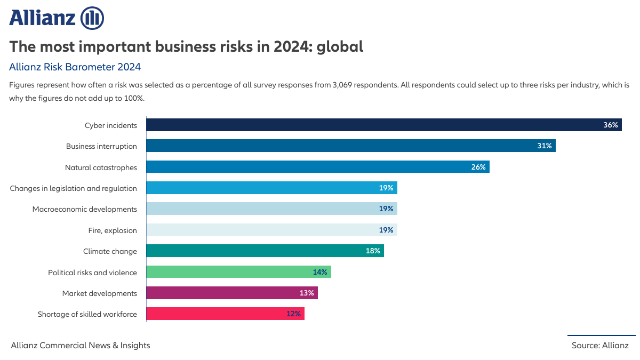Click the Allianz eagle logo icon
pyautogui.click(x=92, y=18)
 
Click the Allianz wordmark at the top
pyautogui.click(x=43, y=18)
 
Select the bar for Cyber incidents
pyautogui.click(x=373, y=125)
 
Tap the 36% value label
pyautogui.click(x=611, y=125)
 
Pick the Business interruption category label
pyautogui.click(x=101, y=146)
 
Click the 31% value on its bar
pyautogui.click(x=544, y=146)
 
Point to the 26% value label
pyautogui.click(x=478, y=167)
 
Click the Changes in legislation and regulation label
pyautogui.click(x=74, y=188)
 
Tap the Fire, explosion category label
pyautogui.click(x=113, y=230)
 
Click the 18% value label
pyautogui.click(x=373, y=251)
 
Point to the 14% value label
pyautogui.click(x=320, y=272)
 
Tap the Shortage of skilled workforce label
pyautogui.click(x=87, y=314)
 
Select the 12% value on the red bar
pyautogui.click(x=293, y=314)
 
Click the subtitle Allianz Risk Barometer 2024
pyautogui.click(x=75, y=67)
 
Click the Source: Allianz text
pyautogui.click(x=600, y=345)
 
